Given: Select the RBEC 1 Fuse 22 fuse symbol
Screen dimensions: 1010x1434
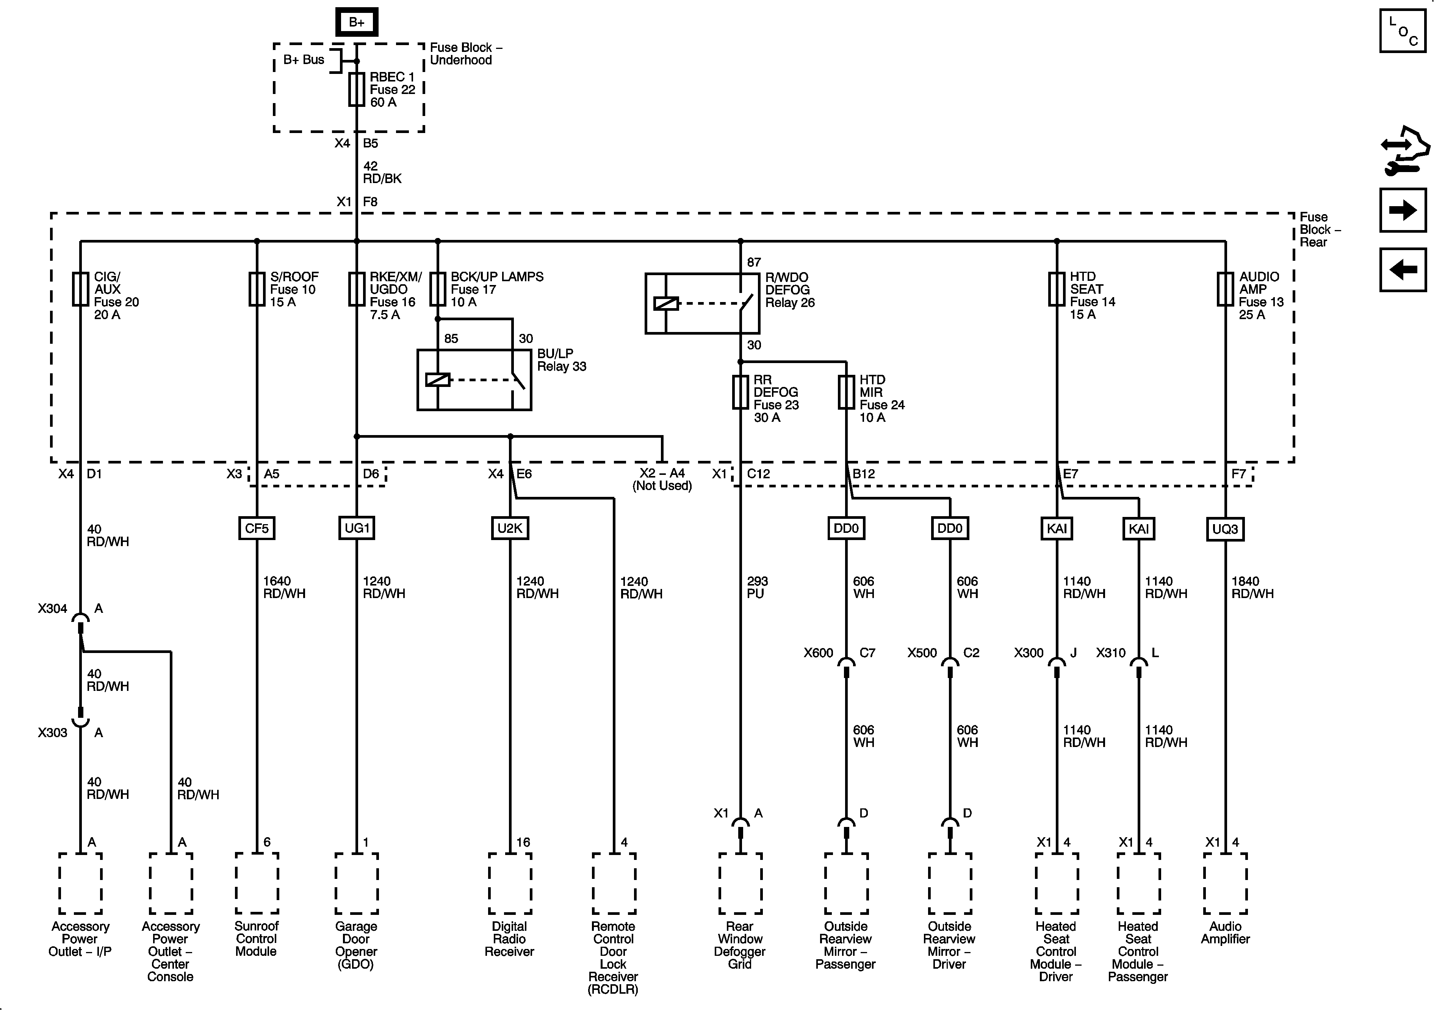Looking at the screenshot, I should [x=357, y=89].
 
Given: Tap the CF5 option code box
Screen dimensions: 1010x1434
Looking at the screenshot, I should [x=257, y=528].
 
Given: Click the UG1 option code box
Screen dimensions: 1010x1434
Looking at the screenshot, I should [x=357, y=528].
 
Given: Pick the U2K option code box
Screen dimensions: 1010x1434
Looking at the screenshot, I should [x=510, y=528].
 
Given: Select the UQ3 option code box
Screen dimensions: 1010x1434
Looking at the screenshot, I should [x=1225, y=529].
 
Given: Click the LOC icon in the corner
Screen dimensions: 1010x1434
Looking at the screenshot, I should [x=1402, y=31].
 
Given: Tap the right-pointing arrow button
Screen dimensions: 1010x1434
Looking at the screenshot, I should [x=1402, y=210].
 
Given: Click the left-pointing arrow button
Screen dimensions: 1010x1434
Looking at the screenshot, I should [x=1402, y=270].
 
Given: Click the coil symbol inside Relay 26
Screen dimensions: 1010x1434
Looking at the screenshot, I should [x=666, y=304].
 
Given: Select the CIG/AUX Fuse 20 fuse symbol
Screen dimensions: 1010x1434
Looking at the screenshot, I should [x=81, y=289].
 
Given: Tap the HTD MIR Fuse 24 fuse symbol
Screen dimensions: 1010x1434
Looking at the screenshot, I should [x=846, y=392].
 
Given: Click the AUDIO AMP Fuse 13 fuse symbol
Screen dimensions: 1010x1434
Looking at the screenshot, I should [x=1225, y=289].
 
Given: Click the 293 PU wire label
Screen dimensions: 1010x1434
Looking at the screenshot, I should [x=757, y=587].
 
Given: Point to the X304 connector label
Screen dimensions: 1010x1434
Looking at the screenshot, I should [x=52, y=608].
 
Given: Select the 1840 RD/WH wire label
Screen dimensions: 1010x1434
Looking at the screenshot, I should [x=1252, y=587].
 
